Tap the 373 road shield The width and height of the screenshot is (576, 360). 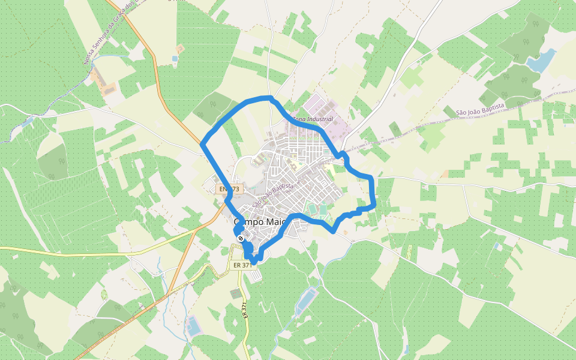229,189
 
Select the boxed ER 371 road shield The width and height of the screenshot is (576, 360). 243,265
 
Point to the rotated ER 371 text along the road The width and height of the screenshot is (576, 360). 245,310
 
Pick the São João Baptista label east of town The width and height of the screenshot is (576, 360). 480,109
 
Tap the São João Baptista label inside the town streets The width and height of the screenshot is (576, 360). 272,196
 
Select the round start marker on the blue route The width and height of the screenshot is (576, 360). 241,239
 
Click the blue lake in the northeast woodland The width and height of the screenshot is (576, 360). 541,61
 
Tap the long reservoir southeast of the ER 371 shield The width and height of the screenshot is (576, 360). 307,300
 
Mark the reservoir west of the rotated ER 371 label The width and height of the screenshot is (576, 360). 193,327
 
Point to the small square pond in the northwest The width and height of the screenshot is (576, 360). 175,59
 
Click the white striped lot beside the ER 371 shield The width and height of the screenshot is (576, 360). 256,276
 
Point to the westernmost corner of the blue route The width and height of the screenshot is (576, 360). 202,144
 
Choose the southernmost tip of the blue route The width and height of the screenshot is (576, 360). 254,263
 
